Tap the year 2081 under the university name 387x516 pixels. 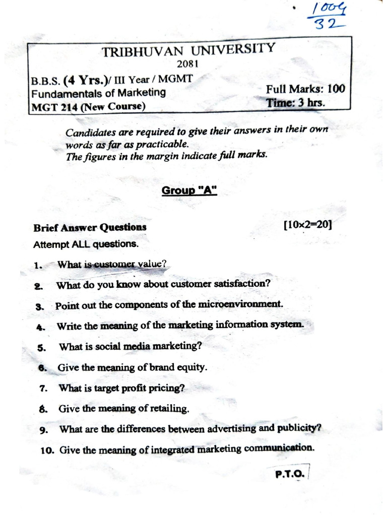click(x=188, y=64)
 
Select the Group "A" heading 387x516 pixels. click(x=189, y=190)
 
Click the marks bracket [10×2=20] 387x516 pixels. click(x=308, y=226)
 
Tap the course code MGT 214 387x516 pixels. click(x=52, y=106)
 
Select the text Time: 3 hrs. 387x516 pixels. click(x=296, y=102)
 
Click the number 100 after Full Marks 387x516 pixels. click(x=336, y=89)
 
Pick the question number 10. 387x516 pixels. click(x=47, y=450)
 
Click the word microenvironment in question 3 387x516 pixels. click(x=241, y=304)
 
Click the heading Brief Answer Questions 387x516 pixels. click(x=90, y=227)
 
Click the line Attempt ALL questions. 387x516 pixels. click(x=85, y=245)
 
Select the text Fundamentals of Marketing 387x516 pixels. click(x=98, y=93)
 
